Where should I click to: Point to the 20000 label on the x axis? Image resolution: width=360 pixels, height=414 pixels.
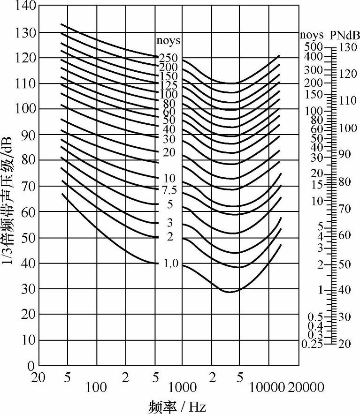click(306, 387)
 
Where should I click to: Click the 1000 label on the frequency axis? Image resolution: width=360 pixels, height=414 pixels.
click(182, 387)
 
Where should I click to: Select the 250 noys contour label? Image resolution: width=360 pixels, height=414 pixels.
click(168, 58)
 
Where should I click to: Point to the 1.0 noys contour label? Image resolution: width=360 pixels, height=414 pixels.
click(171, 263)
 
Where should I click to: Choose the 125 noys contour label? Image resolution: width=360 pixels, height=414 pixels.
click(168, 85)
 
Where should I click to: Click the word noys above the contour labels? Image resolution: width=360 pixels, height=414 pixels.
click(168, 41)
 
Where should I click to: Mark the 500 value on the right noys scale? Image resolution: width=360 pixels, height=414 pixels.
click(314, 47)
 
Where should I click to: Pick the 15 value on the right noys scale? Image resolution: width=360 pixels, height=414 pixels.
click(317, 184)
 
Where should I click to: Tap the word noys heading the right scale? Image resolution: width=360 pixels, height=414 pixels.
click(312, 35)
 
